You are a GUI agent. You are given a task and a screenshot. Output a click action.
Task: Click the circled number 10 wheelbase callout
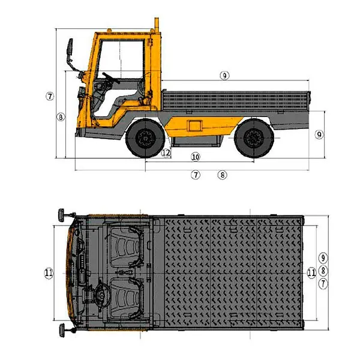click(x=196, y=157)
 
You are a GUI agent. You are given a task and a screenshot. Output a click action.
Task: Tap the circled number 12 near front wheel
click(x=166, y=152)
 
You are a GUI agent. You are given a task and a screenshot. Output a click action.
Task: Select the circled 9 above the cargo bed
click(x=224, y=76)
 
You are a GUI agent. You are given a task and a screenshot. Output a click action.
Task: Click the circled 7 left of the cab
click(x=50, y=96)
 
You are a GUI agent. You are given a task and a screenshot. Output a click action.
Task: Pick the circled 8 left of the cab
click(x=61, y=118)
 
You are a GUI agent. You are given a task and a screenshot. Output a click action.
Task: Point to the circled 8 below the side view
click(x=222, y=175)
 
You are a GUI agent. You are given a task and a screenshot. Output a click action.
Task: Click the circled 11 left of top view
click(x=49, y=273)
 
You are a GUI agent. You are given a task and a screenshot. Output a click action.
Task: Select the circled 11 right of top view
click(x=311, y=273)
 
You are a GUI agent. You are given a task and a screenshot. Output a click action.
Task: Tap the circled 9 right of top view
click(x=323, y=258)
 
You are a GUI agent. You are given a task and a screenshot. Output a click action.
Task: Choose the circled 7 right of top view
click(x=323, y=284)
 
